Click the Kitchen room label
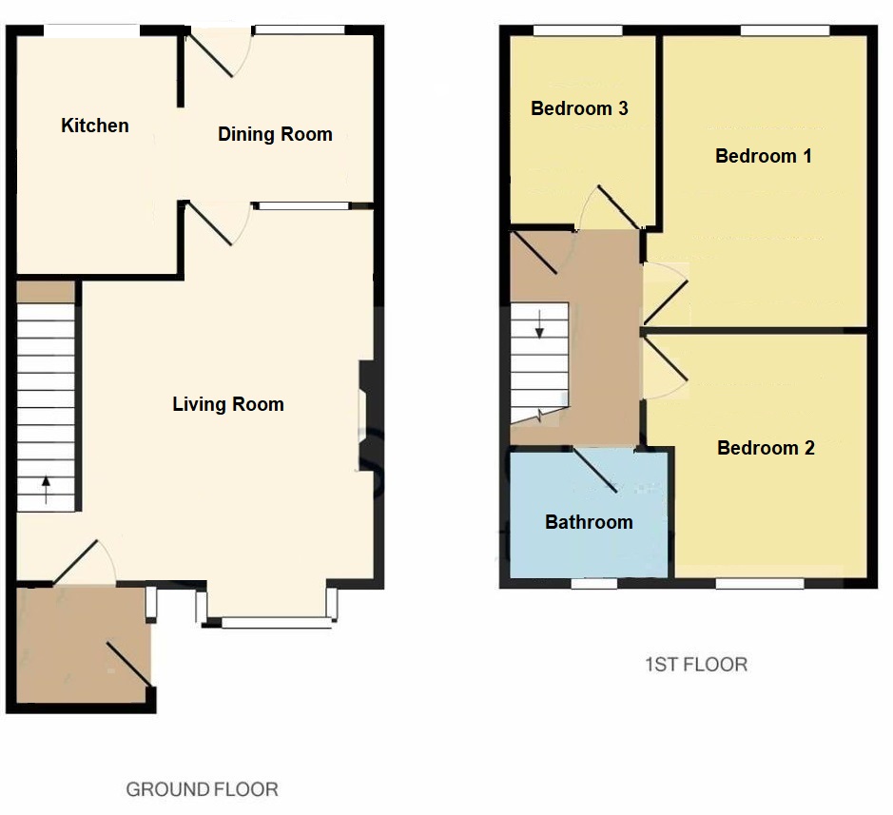(95, 126)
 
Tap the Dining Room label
(275, 134)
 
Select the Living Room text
(228, 404)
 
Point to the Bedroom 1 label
(764, 156)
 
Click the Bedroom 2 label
(766, 448)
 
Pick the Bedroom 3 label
(579, 108)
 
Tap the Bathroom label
(589, 522)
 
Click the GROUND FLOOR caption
(203, 789)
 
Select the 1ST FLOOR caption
(695, 665)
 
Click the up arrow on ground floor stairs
(46, 490)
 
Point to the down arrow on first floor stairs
(540, 324)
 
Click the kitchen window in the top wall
(92, 31)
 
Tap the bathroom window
(594, 583)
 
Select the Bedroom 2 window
(758, 583)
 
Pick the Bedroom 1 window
(785, 31)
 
